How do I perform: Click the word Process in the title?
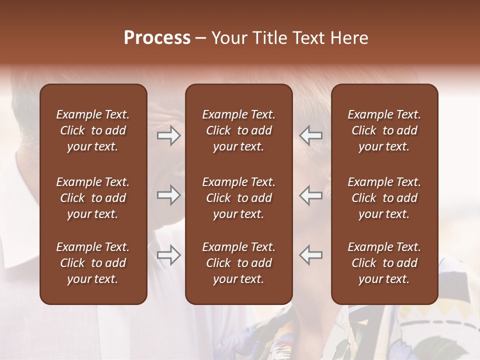click(157, 38)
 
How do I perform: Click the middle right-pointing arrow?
click(168, 195)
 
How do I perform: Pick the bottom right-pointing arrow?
click(168, 255)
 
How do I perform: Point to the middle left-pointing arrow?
click(310, 195)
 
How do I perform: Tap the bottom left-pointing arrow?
click(310, 255)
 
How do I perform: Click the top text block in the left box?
click(93, 130)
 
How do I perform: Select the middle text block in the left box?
click(93, 198)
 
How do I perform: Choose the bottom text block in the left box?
click(93, 263)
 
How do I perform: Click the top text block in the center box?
click(238, 130)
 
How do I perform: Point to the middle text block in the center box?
click(238, 198)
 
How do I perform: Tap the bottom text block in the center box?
click(238, 263)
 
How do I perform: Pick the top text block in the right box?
click(384, 130)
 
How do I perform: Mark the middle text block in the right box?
click(384, 198)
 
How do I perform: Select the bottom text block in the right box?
click(384, 263)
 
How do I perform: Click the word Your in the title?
click(228, 38)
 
